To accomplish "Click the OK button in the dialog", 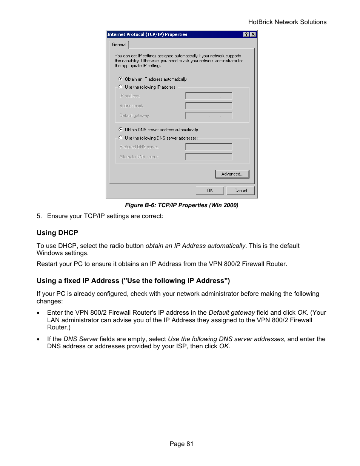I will click(x=210, y=191).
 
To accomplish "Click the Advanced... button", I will click(x=232, y=174).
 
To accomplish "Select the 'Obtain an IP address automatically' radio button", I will click(x=121, y=79).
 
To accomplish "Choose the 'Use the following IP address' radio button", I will click(x=121, y=87).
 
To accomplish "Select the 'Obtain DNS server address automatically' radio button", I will click(x=121, y=129).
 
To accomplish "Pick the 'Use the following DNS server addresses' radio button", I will click(x=121, y=138).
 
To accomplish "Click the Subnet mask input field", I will click(x=209, y=106).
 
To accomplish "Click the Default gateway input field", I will click(x=209, y=115).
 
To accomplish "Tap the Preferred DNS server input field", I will click(x=209, y=147).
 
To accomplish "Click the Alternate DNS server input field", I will click(x=209, y=157).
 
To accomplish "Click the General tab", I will click(x=119, y=45).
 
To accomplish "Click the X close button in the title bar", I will click(x=253, y=34).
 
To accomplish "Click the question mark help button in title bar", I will click(x=246, y=34).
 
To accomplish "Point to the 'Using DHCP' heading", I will click(x=57, y=233).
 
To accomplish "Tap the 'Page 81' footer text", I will click(x=182, y=444).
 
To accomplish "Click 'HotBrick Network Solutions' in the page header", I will click(x=287, y=22).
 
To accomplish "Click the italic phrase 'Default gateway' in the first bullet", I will click(x=232, y=312).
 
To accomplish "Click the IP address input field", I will click(x=209, y=96).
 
